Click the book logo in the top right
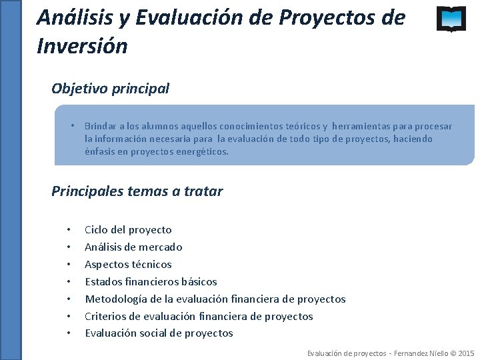451,19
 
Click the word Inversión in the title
82,47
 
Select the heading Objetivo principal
110,88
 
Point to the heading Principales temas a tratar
137,191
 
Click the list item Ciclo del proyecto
128,230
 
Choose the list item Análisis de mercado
133,247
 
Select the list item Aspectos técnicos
128,265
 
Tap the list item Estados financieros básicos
151,282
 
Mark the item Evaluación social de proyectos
159,333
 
